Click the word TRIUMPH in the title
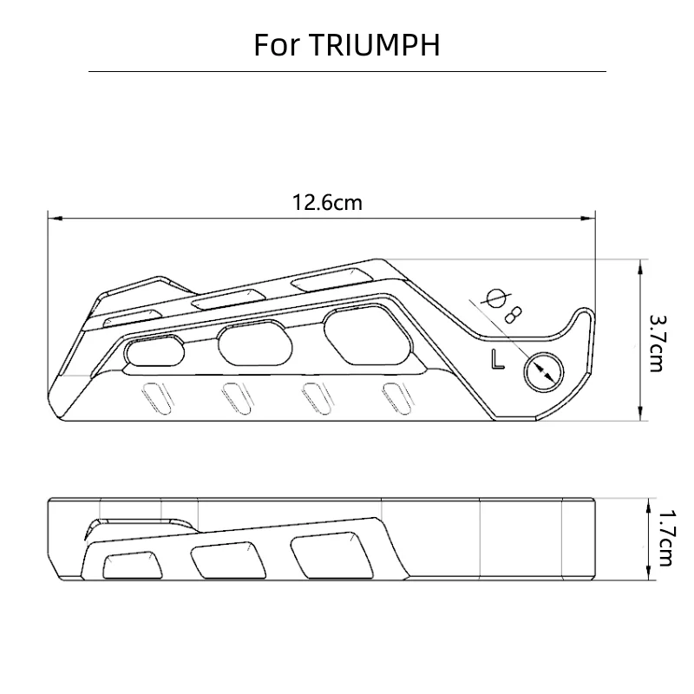pos(374,45)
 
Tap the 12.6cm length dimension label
pos(327,203)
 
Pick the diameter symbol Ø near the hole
pos(498,298)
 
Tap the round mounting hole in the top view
pos(544,371)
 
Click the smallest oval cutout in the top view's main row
pos(154,351)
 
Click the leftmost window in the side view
pos(131,566)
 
